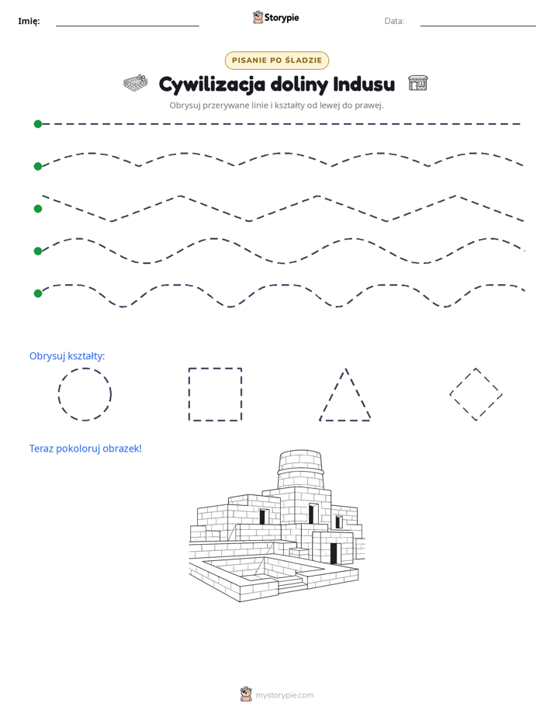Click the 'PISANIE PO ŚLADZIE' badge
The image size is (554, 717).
[276, 61]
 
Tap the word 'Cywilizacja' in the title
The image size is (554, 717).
[212, 85]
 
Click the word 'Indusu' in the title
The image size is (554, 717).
[364, 84]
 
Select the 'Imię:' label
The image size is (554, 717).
[29, 21]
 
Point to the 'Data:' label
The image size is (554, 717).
[394, 21]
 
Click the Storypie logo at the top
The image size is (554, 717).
[275, 17]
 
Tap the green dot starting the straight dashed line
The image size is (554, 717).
[38, 124]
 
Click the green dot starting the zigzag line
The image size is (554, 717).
[38, 209]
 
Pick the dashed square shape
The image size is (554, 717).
[189, 394]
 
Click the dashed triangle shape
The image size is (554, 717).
[333, 394]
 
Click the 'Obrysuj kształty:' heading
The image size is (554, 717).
[68, 355]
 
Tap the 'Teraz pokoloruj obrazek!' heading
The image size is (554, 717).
[85, 449]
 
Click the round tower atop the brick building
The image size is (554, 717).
[300, 469]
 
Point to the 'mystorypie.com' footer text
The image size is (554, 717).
[284, 695]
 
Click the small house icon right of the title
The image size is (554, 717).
[417, 83]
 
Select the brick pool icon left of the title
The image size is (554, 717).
[135, 83]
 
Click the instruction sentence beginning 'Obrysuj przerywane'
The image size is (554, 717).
[276, 106]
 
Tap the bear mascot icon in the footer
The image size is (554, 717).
[246, 694]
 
